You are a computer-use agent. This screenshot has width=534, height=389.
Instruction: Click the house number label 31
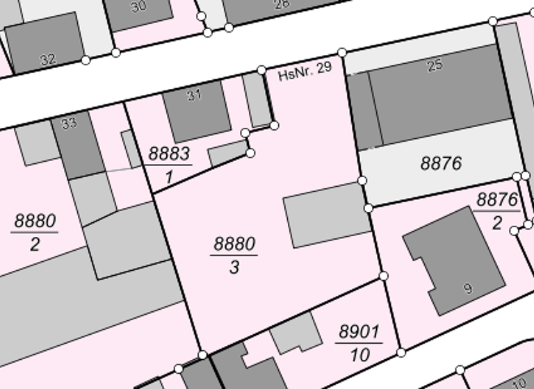(x=193, y=96)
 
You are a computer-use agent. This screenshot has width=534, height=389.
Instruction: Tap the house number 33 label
(x=68, y=124)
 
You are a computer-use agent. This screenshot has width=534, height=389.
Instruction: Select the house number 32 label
(x=47, y=60)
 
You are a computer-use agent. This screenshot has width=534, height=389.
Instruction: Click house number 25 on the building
(x=435, y=66)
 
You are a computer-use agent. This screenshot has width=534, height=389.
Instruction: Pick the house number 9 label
(x=468, y=288)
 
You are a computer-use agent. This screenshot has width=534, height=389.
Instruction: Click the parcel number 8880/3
(x=234, y=255)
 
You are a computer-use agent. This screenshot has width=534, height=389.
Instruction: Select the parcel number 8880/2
(x=35, y=233)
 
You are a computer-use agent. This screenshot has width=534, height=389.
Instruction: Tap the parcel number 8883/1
(x=169, y=165)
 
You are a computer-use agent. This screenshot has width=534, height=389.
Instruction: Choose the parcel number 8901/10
(x=359, y=343)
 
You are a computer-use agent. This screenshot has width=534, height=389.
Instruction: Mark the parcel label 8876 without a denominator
(x=441, y=164)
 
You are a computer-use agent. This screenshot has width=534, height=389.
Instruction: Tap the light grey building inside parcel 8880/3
(x=325, y=215)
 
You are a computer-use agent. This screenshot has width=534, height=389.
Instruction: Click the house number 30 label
(x=138, y=7)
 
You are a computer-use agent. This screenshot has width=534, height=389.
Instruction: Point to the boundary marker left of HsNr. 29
(x=261, y=69)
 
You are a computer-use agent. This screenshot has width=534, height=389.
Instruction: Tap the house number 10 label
(x=519, y=382)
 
